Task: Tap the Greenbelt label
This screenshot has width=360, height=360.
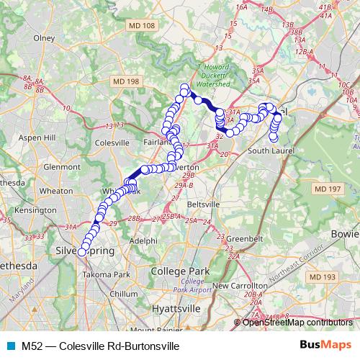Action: click(233, 238)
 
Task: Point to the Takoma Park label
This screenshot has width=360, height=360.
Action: click(106, 274)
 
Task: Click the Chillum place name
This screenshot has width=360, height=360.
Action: click(124, 294)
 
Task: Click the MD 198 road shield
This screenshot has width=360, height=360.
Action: click(122, 82)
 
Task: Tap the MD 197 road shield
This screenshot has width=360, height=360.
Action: click(325, 189)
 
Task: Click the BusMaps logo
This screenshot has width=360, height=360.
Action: click(323, 346)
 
